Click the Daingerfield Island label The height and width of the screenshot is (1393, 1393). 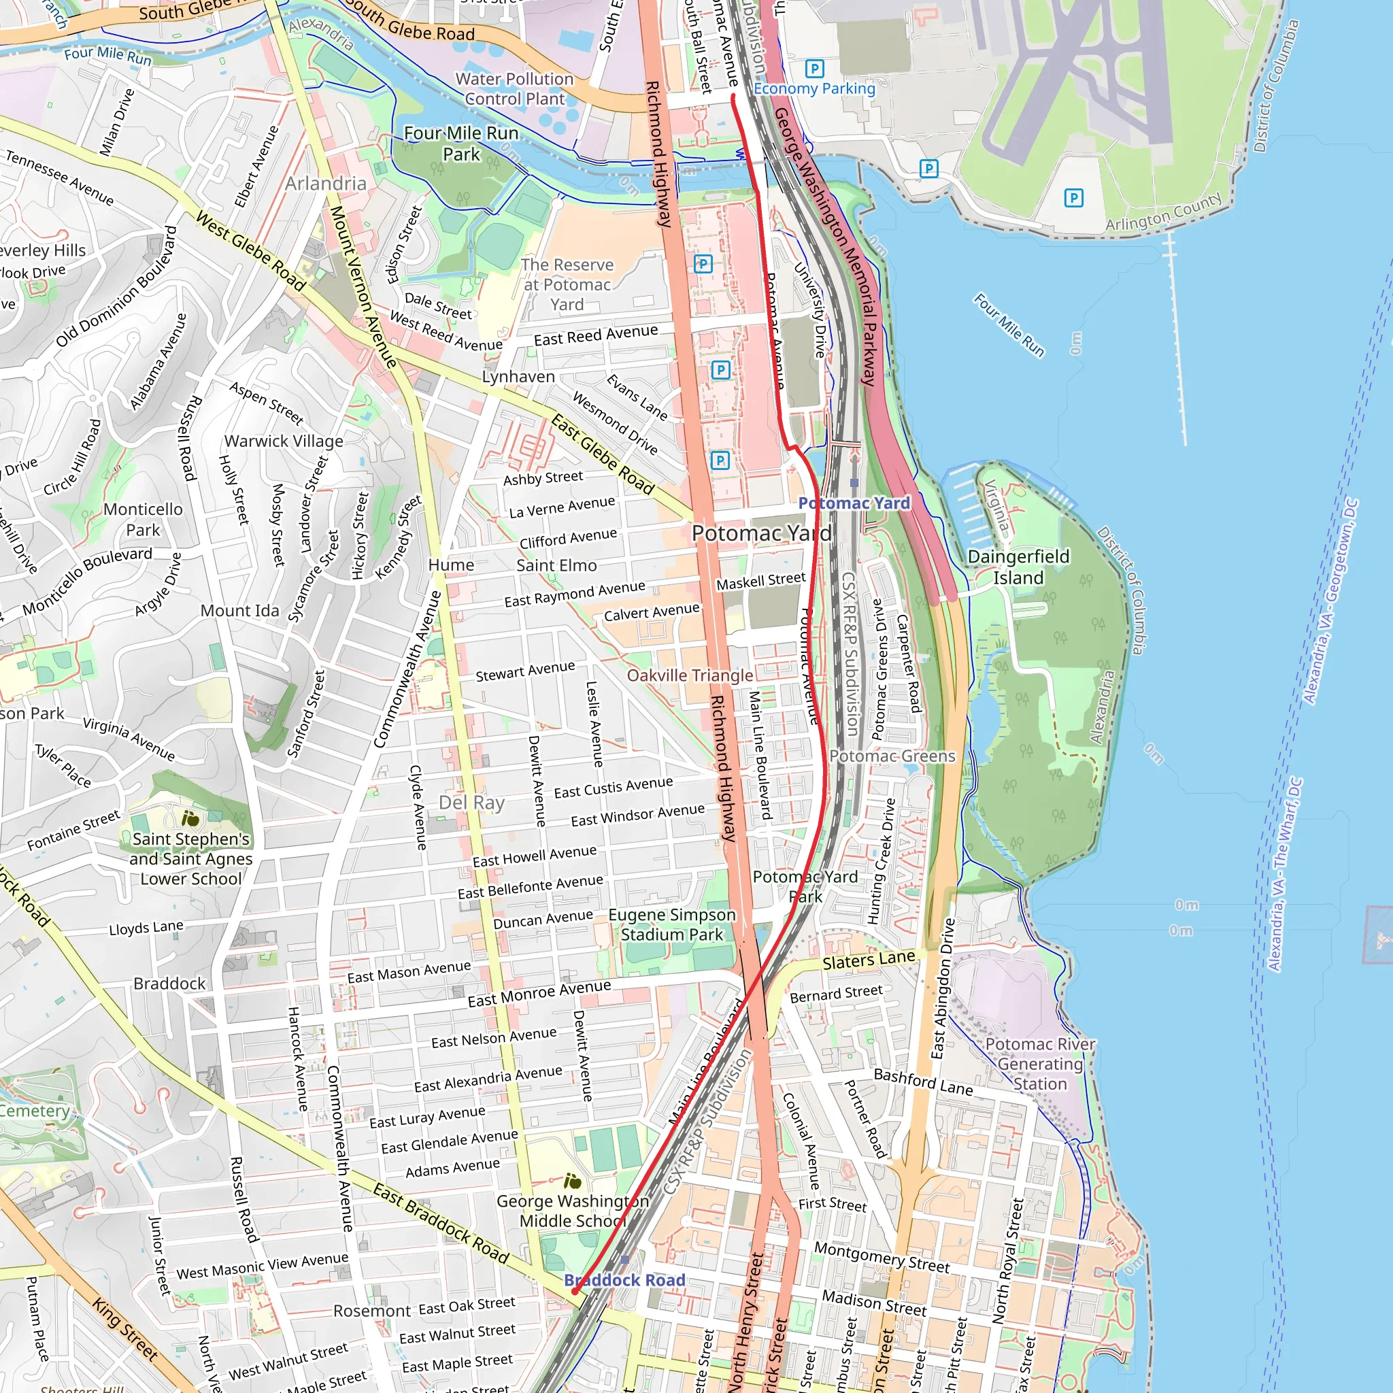click(1018, 567)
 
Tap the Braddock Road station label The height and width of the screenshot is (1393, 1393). click(624, 1280)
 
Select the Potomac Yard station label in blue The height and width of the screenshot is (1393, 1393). click(854, 503)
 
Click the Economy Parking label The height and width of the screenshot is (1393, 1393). click(814, 88)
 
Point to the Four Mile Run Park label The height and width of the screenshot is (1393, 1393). click(461, 144)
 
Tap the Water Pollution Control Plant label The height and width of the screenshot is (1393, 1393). click(514, 88)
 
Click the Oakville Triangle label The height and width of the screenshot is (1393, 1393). click(690, 675)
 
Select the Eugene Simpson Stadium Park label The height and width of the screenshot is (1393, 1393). click(672, 924)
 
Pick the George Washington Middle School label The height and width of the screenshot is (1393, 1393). click(573, 1211)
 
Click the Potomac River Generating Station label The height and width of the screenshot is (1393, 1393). click(1040, 1064)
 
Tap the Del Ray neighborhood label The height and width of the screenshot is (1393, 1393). click(471, 803)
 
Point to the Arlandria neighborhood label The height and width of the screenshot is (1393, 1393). click(325, 183)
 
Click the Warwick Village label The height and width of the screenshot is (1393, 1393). click(284, 441)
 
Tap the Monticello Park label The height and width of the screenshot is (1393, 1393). click(143, 519)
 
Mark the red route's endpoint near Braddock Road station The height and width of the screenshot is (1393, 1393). click(574, 1292)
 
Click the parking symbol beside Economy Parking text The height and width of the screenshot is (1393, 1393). click(814, 69)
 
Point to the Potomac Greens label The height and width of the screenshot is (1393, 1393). click(892, 756)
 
